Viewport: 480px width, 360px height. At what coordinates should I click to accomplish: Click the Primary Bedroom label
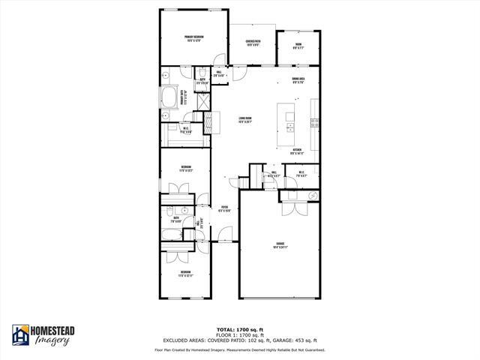(194, 38)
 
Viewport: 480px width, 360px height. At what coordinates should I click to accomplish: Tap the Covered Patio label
(253, 43)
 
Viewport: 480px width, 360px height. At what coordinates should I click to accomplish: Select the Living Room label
(244, 119)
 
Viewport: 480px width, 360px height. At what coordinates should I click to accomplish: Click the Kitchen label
(297, 151)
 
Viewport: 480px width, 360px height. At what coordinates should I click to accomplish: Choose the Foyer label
(224, 209)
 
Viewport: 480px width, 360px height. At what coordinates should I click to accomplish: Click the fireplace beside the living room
(211, 121)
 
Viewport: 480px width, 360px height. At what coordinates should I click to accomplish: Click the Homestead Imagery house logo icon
(20, 336)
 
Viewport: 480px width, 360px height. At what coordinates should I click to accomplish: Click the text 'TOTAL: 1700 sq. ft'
(239, 330)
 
